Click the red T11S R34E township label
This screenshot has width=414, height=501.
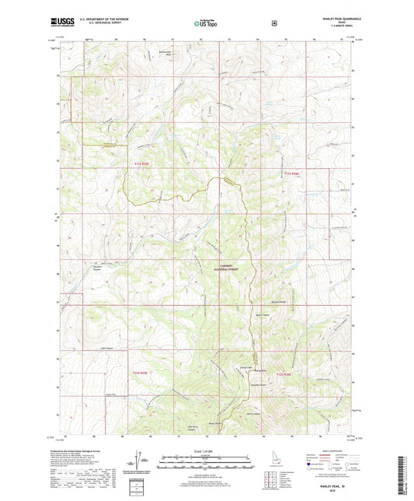pos(291,173)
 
